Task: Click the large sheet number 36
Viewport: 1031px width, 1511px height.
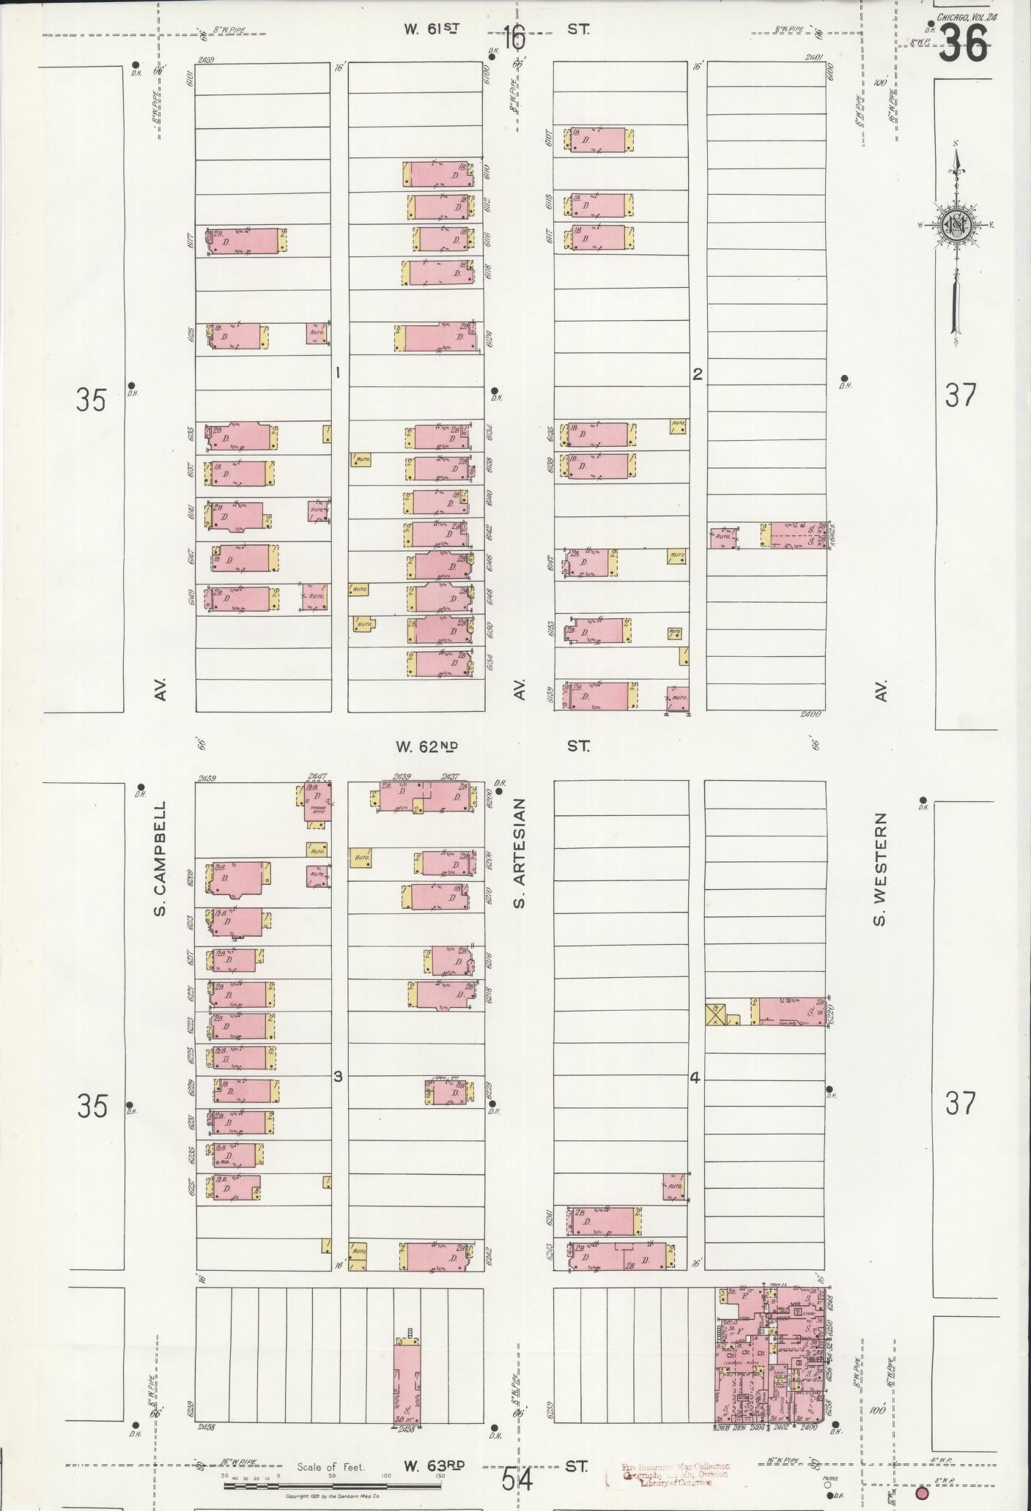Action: pos(963,44)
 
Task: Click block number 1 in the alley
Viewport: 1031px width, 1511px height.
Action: pos(338,373)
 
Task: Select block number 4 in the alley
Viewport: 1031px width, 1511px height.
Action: pos(695,1077)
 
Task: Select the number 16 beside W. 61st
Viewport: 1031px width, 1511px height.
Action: pos(515,37)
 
